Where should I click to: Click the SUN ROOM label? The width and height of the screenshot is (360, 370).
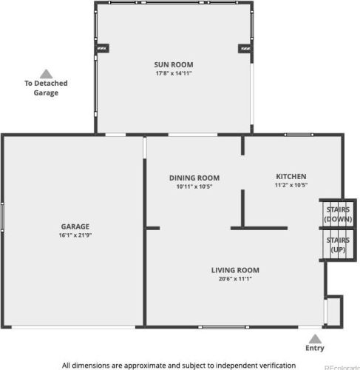coord(174,64)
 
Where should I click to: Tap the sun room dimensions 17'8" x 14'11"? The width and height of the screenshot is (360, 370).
coord(174,73)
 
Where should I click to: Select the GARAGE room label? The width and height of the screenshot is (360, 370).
coord(75,226)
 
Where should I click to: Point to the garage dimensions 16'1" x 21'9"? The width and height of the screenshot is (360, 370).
coord(75,235)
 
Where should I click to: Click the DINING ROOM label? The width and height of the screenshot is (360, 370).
coord(194,178)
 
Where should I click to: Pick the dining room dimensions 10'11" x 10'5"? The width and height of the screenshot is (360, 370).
coord(194,186)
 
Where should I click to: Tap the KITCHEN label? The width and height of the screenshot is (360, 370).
coord(291,176)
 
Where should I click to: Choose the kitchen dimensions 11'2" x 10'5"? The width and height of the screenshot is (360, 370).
coord(291,185)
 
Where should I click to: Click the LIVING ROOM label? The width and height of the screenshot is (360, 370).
coord(235,270)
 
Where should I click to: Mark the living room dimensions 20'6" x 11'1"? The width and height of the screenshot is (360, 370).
coord(235,279)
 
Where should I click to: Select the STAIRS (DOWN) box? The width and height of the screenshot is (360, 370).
coord(338,213)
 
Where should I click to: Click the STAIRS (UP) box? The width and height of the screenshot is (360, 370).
coord(338,244)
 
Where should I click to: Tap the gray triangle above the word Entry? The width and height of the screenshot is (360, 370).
coord(315,339)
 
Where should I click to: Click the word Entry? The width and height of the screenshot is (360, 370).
coord(315,348)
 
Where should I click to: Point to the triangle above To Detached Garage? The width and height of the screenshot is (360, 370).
coord(46,74)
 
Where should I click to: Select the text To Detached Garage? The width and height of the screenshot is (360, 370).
coord(46,88)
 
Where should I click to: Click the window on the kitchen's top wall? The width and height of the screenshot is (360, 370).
coord(299,135)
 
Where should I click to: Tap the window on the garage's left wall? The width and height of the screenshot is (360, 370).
coord(2,217)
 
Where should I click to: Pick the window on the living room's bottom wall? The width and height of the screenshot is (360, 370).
coord(224,327)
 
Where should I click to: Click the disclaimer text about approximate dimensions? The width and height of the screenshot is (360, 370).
coord(179,365)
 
